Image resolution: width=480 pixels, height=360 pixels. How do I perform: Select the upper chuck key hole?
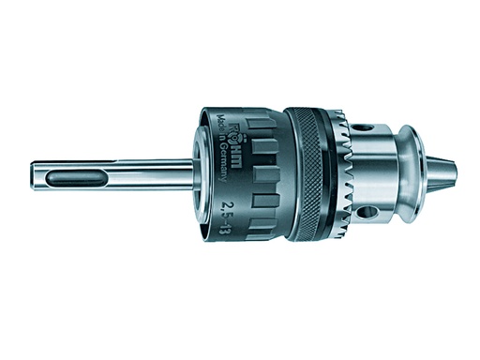(365, 127)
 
